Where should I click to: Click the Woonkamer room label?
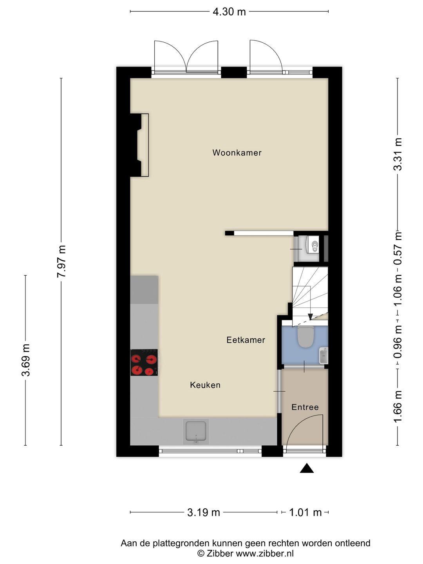(x=237, y=153)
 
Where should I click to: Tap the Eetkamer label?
(x=246, y=340)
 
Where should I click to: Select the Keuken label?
(x=205, y=385)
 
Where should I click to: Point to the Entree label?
(x=305, y=407)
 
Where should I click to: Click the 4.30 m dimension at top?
(x=229, y=12)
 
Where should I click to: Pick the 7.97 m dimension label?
(x=61, y=261)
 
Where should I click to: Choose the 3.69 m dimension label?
(x=26, y=360)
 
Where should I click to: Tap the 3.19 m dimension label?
(x=203, y=505)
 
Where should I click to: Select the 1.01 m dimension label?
(x=305, y=505)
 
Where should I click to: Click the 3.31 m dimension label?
(x=398, y=154)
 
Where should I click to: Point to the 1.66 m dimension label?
(x=398, y=407)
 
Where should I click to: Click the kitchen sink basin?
(x=196, y=431)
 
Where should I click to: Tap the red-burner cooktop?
(x=144, y=362)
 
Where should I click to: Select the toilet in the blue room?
(x=305, y=336)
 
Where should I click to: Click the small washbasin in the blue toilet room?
(x=324, y=356)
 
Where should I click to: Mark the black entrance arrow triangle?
(x=307, y=468)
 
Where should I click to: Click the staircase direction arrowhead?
(x=310, y=317)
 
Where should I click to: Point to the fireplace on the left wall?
(x=139, y=145)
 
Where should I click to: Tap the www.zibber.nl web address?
(x=264, y=552)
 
